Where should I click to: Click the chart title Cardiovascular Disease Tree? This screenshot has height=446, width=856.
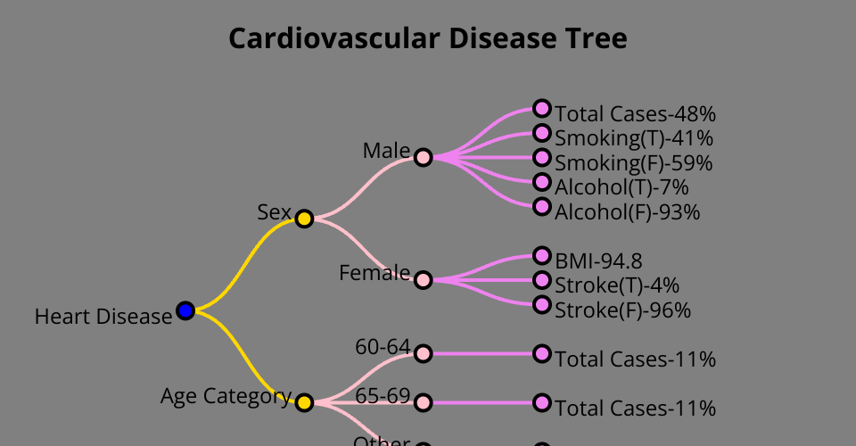click(x=428, y=39)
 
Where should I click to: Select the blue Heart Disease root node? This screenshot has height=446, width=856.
click(x=185, y=310)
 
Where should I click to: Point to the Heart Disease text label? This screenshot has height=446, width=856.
click(x=103, y=317)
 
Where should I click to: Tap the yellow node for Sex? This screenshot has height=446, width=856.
click(x=304, y=219)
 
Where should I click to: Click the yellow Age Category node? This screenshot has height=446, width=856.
click(x=304, y=402)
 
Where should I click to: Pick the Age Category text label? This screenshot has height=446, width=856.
click(x=226, y=396)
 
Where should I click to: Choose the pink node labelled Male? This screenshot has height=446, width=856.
click(x=424, y=158)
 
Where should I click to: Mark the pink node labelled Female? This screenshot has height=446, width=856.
click(x=424, y=280)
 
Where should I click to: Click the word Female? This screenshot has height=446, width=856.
click(x=374, y=273)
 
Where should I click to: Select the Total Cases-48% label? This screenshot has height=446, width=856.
click(x=635, y=114)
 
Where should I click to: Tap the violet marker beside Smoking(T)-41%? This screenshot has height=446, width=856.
click(x=542, y=134)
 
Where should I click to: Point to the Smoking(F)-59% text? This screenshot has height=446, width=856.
click(x=633, y=163)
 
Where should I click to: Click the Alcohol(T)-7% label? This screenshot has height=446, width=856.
click(x=621, y=187)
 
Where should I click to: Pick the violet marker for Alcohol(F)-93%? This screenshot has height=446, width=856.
click(x=542, y=207)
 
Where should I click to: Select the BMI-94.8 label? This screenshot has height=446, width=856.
click(x=598, y=261)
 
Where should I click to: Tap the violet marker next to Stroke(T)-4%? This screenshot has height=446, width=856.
click(x=542, y=280)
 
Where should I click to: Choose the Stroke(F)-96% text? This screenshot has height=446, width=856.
click(x=622, y=310)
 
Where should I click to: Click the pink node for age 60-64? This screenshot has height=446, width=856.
click(x=424, y=354)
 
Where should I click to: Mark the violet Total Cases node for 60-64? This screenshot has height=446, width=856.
click(x=542, y=354)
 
